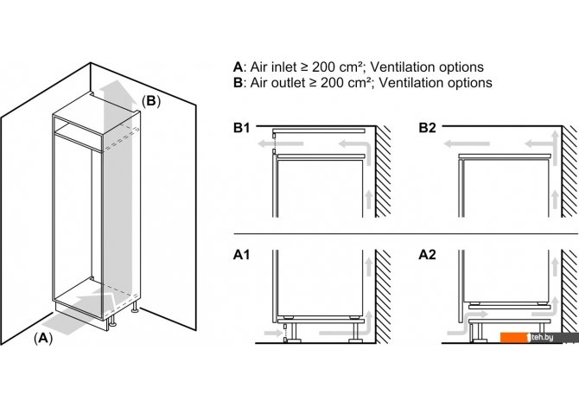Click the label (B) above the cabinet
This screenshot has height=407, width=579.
click(x=150, y=100)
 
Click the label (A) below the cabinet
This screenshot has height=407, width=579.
click(x=42, y=339)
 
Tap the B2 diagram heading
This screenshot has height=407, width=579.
click(x=428, y=128)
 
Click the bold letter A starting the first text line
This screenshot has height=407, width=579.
click(x=238, y=67)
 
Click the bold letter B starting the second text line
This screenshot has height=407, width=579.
click(x=238, y=84)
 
